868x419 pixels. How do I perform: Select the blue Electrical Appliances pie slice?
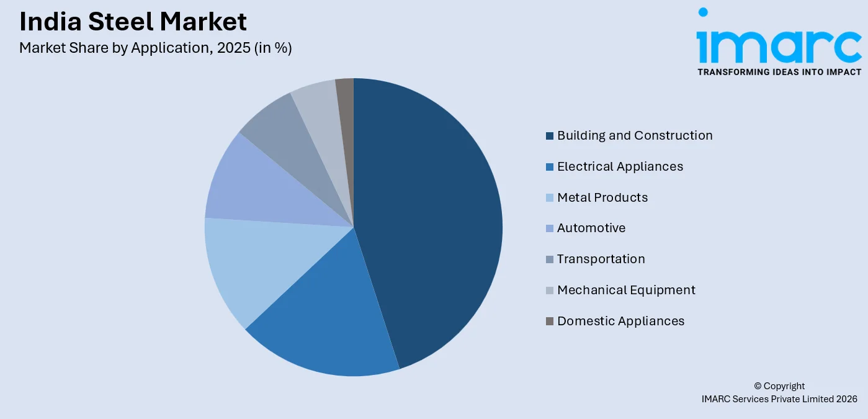click(x=329, y=323)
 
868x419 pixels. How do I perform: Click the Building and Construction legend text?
click(x=635, y=135)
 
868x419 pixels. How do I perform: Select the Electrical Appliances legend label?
click(x=620, y=166)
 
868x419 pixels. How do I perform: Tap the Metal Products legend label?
click(x=602, y=197)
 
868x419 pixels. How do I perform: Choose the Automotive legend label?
click(x=591, y=228)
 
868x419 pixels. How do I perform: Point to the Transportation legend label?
click(x=601, y=259)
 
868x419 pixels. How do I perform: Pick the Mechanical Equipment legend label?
click(x=626, y=290)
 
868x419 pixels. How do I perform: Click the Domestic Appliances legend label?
click(x=620, y=321)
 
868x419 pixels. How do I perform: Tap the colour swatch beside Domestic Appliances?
click(x=550, y=322)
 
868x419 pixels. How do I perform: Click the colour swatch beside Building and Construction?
click(x=550, y=136)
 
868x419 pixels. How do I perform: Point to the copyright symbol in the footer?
click(x=758, y=386)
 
